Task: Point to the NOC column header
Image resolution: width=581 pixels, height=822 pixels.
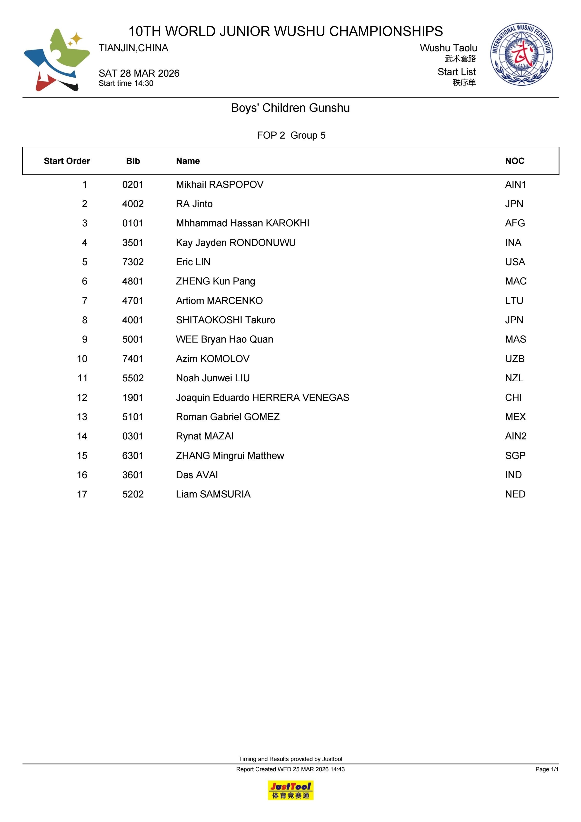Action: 514,161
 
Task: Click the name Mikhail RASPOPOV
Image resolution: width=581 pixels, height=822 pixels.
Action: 220,185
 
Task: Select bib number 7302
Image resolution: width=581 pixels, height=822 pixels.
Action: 133,262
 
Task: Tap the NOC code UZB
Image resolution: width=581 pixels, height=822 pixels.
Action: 514,359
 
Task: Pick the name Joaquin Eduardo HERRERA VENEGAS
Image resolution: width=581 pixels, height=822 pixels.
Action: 262,397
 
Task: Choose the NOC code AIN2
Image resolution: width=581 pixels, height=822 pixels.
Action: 515,436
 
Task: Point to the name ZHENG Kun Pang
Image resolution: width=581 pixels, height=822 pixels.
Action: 216,281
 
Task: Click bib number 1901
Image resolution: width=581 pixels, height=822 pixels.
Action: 133,397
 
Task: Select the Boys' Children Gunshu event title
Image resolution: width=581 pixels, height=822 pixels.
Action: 290,108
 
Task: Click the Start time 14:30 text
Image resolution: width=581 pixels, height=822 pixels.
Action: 126,83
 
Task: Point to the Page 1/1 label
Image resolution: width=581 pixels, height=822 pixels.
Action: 547,769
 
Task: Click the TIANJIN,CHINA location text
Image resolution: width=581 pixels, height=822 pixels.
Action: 133,48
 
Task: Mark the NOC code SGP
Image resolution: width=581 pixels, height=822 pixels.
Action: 515,456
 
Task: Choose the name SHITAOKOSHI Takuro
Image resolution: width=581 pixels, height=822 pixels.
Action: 226,320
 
